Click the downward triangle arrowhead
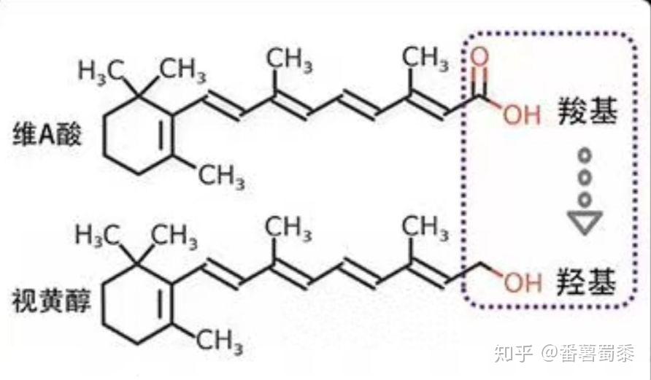pos(585,222)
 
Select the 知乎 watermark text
pos(510,355)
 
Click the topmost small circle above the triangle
pos(584,155)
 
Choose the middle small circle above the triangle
pos(584,177)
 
